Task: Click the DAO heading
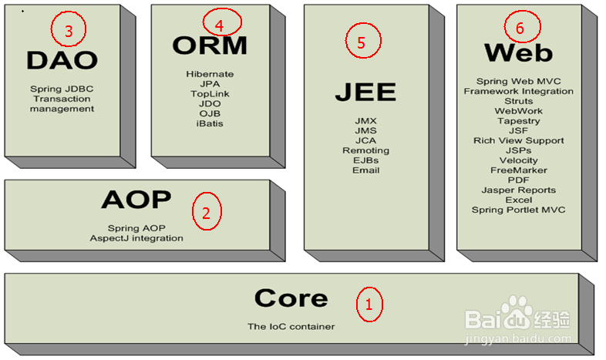tap(62, 60)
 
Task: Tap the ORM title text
tap(210, 46)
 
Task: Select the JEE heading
tap(365, 92)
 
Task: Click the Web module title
tap(518, 53)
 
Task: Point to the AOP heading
tap(136, 200)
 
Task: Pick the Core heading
tap(291, 298)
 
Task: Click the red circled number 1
tap(369, 304)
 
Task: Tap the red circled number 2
tap(206, 213)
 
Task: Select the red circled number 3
tap(68, 30)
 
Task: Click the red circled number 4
tap(219, 25)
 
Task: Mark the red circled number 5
tap(361, 42)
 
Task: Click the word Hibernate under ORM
tap(210, 74)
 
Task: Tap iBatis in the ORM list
tap(210, 123)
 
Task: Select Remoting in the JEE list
tap(366, 150)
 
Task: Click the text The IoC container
tap(291, 327)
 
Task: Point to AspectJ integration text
tap(136, 238)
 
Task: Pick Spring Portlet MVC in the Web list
tap(518, 210)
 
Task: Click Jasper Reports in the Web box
tap(518, 190)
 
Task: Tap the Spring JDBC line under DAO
tap(62, 89)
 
